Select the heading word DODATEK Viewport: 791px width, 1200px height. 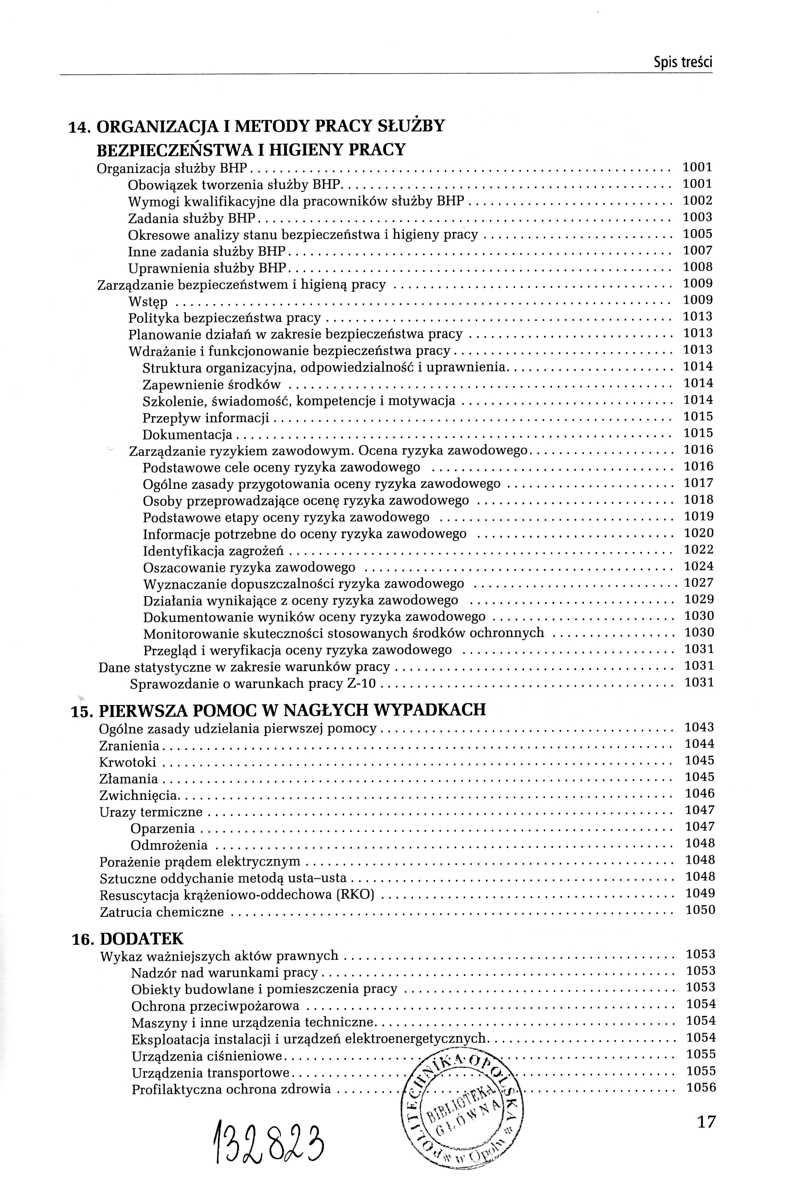142,938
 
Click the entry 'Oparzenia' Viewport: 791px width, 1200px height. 163,828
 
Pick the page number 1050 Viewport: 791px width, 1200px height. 700,910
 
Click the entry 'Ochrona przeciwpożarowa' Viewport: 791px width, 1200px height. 215,1006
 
